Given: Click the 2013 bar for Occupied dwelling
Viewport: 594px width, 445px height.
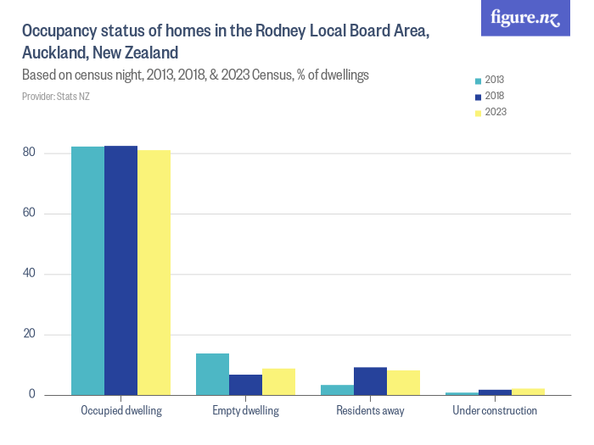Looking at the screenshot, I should (x=87, y=270).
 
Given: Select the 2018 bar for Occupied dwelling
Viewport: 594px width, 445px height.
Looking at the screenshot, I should (x=120, y=270).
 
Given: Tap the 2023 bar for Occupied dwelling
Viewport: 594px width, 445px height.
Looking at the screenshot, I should (x=154, y=272).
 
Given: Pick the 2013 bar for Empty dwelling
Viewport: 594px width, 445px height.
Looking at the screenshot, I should (x=212, y=374).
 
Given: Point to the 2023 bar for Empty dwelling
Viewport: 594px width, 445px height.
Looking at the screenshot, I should (x=278, y=381).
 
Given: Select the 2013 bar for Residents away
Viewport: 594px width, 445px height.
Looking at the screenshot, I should (x=337, y=390).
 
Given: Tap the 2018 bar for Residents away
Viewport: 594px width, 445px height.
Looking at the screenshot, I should (x=370, y=381).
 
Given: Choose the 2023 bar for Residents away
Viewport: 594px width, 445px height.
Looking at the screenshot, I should (x=403, y=382).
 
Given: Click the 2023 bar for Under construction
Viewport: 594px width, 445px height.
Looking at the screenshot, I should (x=528, y=392).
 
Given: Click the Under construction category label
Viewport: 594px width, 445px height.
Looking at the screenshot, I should (x=495, y=411).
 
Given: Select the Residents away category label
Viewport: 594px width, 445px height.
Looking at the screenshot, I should (x=370, y=411).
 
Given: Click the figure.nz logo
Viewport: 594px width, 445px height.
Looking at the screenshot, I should (x=526, y=19).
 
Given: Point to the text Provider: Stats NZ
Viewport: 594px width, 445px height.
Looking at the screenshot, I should (x=56, y=97).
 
